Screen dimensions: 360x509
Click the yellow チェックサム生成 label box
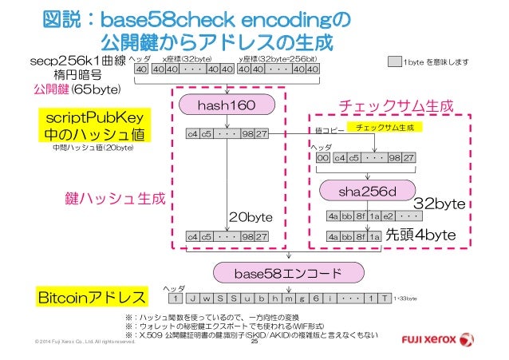(388, 127)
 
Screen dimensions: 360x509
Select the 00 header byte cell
(323, 158)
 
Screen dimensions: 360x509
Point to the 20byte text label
(251, 216)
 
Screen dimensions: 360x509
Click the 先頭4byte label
(420, 235)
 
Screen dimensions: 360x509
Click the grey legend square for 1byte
(393, 61)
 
